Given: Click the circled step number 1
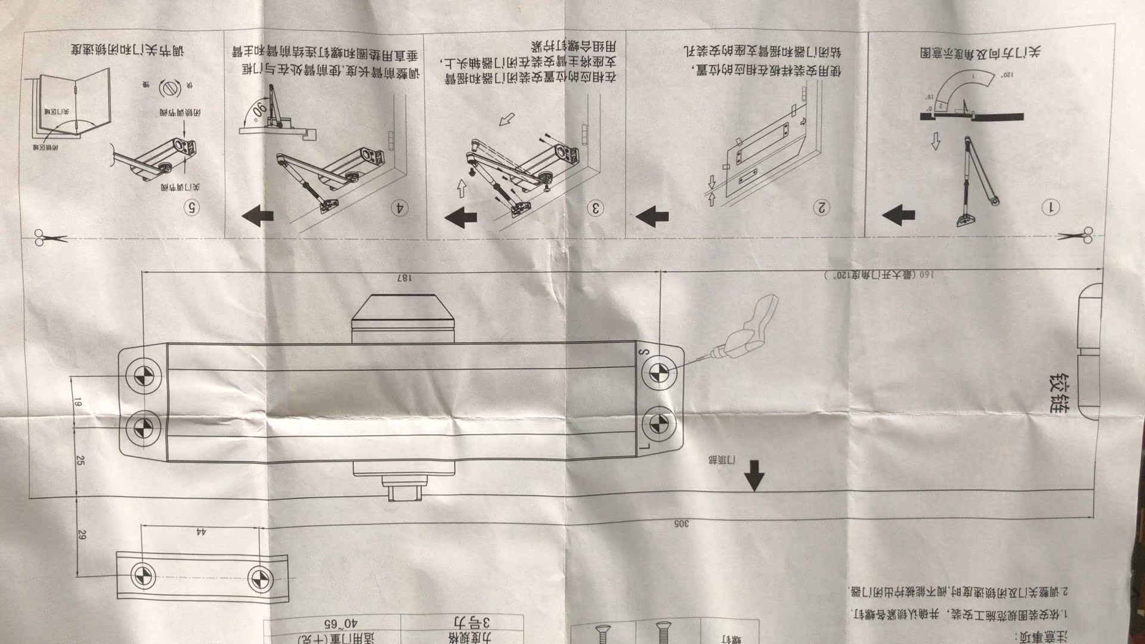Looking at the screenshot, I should [x=1050, y=208].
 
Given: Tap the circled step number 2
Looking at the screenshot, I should [x=822, y=208].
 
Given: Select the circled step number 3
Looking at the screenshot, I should [x=595, y=208].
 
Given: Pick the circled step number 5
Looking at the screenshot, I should [x=191, y=208].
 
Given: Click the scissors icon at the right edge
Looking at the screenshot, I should [x=1078, y=236].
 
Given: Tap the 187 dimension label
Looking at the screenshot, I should [x=404, y=278].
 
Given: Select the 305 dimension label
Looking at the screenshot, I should [x=681, y=524].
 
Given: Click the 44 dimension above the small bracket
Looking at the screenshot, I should [x=201, y=531].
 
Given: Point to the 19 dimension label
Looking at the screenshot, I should [x=78, y=403].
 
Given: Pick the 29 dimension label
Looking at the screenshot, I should [x=82, y=535].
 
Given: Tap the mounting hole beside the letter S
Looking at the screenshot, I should [x=658, y=372].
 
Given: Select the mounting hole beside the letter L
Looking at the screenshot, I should [x=658, y=424].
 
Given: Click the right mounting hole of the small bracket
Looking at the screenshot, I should [x=260, y=577].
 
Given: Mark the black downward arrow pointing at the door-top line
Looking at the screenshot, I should [x=754, y=475].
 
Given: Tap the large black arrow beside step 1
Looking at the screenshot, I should [x=899, y=215].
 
